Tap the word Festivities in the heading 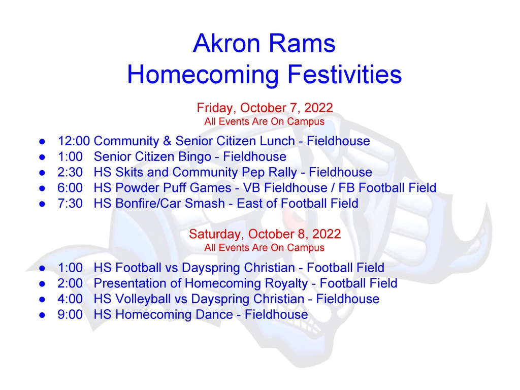[x=344, y=74]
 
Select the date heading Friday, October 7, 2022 [x=265, y=108]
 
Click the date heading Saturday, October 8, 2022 [x=265, y=234]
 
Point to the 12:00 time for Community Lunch [x=74, y=141]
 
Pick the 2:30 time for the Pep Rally [x=70, y=172]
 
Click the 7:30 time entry [x=70, y=203]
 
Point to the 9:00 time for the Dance [x=70, y=314]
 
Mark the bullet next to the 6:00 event [x=42, y=188]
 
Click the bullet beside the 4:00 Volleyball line [x=42, y=300]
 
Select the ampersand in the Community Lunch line [x=167, y=141]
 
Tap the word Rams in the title [x=302, y=43]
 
